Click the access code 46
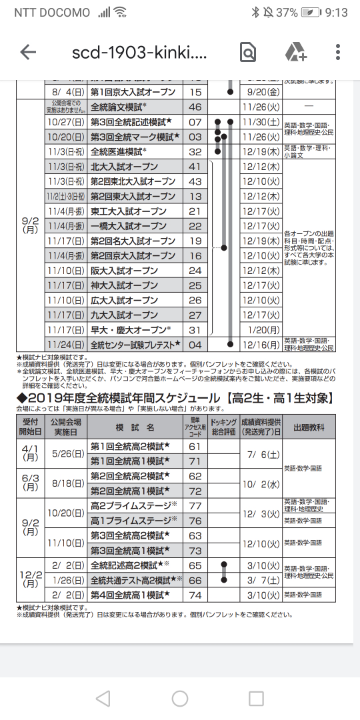pyautogui.click(x=195, y=106)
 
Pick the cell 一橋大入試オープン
pyautogui.click(x=126, y=226)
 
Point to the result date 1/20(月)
pyautogui.click(x=265, y=330)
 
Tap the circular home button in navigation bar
pyautogui.click(x=180, y=697)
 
